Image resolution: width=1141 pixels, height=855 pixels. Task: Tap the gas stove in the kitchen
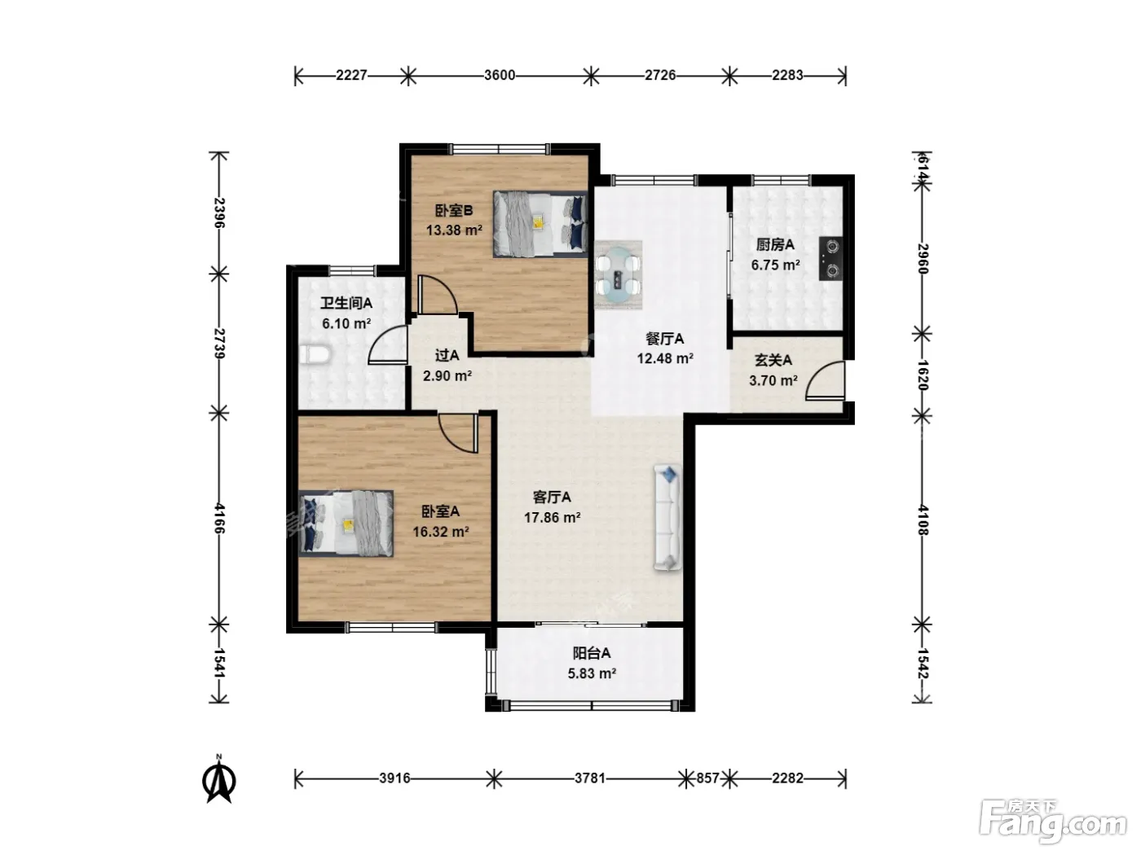coord(830,258)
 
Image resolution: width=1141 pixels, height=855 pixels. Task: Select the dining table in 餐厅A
coord(618,274)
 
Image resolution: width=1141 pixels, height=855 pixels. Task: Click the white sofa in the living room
coord(668,518)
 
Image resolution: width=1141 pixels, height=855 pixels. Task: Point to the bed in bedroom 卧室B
coord(540,224)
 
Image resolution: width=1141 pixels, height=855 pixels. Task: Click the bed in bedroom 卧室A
coord(346,524)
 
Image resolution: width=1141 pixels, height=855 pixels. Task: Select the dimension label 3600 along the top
coord(499,75)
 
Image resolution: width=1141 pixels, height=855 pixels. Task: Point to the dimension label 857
coord(707,778)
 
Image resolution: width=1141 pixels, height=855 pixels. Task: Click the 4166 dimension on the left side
coord(219,518)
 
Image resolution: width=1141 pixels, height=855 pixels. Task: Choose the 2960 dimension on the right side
coord(922,258)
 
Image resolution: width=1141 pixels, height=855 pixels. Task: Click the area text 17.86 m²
coord(552,517)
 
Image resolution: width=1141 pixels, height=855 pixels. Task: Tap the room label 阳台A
coord(592,652)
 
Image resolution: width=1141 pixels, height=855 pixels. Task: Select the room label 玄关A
coord(773,360)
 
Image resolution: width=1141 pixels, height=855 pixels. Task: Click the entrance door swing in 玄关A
coord(825,381)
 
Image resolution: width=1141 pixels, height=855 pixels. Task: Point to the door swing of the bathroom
coord(387,344)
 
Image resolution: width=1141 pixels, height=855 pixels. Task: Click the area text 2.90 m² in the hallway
coord(447,375)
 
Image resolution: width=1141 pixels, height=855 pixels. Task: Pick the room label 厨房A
coord(775,244)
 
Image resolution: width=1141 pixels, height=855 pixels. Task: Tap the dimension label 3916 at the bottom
coord(394,778)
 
